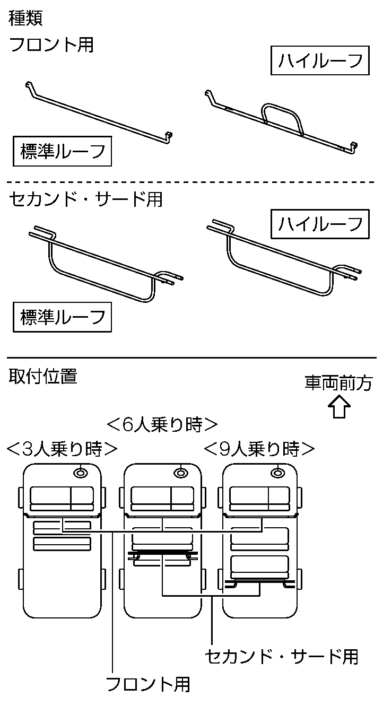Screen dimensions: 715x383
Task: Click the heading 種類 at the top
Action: (x=25, y=18)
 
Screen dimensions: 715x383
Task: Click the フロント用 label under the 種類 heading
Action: (x=51, y=45)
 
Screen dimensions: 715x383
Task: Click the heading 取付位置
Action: (x=43, y=377)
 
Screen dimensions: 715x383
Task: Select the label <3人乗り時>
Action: (x=62, y=449)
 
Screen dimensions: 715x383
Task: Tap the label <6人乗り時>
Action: (x=162, y=424)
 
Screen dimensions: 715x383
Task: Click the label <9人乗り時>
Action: (x=259, y=449)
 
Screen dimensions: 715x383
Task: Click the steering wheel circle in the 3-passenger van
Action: (x=81, y=472)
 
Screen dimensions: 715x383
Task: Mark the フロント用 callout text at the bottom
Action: (x=148, y=684)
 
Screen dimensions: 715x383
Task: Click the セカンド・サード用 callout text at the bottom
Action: (x=282, y=657)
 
